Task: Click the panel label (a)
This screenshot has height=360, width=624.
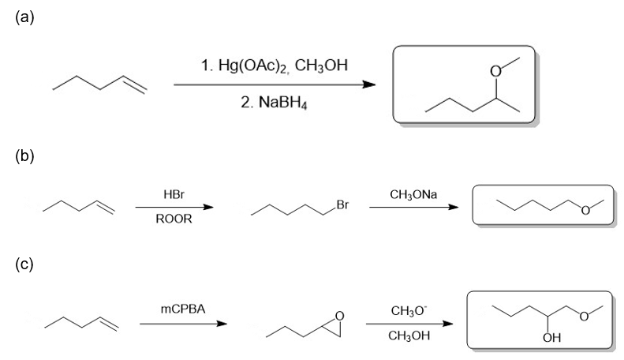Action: point(24,17)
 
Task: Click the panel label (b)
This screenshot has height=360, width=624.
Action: point(24,156)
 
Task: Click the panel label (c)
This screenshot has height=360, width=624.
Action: point(24,264)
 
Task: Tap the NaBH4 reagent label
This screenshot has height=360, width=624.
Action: point(283,103)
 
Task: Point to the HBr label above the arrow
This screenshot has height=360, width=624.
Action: point(174,194)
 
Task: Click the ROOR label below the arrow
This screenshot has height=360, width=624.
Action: point(174,219)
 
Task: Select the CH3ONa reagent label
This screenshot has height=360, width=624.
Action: point(413,195)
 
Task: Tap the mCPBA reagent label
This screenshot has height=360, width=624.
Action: point(183,309)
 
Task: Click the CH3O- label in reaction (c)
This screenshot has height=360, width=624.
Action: point(409,310)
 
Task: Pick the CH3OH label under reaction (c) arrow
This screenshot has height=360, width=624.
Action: point(409,336)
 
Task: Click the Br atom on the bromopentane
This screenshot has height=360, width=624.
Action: point(342,205)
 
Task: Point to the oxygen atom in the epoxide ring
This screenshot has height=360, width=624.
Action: point(339,317)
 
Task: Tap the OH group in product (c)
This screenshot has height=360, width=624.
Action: point(551,338)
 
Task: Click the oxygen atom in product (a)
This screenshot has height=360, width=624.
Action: point(495,71)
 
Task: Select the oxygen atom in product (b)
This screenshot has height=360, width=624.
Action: point(585,211)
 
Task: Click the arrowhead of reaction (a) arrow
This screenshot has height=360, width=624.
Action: point(369,84)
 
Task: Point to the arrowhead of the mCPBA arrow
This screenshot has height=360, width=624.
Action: point(221,324)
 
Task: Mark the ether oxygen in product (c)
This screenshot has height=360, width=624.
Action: point(584,317)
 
